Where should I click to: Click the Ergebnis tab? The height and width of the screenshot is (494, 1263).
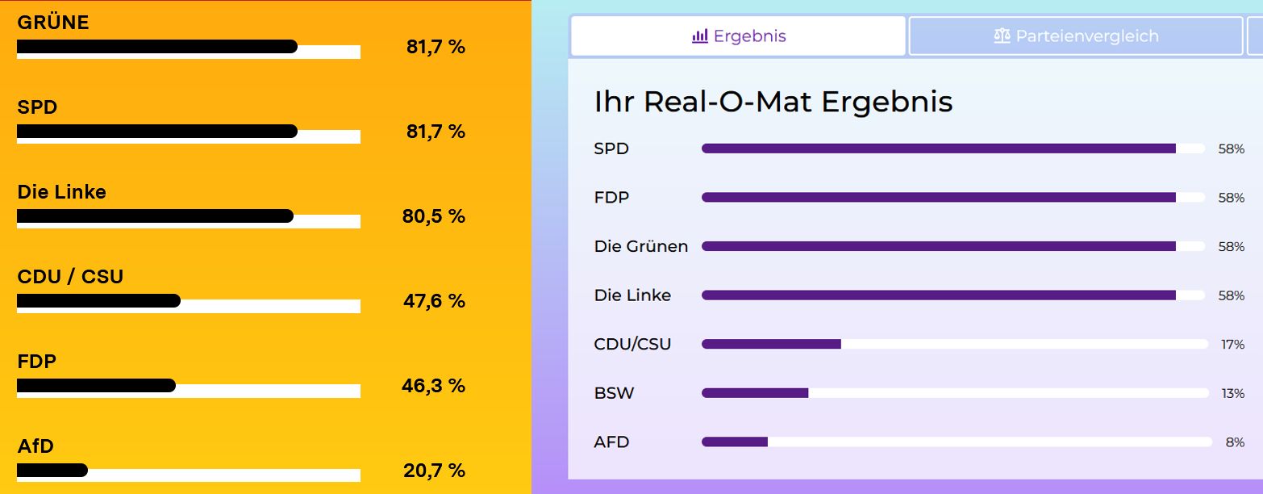pyautogui.click(x=738, y=36)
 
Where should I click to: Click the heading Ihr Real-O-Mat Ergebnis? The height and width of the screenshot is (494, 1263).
pyautogui.click(x=773, y=103)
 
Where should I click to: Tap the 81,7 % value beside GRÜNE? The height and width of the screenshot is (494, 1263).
pyautogui.click(x=436, y=47)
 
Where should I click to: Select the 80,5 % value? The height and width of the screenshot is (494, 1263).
pyautogui.click(x=434, y=216)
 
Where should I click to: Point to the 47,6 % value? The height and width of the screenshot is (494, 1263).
pyautogui.click(x=434, y=301)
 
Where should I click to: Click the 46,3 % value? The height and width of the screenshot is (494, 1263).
pyautogui.click(x=434, y=386)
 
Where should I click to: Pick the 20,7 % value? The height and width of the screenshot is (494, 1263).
pyautogui.click(x=434, y=471)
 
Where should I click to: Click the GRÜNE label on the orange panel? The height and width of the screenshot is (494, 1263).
pyautogui.click(x=53, y=23)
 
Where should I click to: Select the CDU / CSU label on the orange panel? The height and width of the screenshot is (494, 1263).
pyautogui.click(x=70, y=277)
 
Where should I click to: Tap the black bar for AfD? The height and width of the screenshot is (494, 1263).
pyautogui.click(x=52, y=470)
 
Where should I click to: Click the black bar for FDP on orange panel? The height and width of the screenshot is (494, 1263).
pyautogui.click(x=96, y=385)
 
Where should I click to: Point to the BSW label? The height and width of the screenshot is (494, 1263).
pyautogui.click(x=614, y=393)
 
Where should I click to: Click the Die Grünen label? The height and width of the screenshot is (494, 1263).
pyautogui.click(x=641, y=246)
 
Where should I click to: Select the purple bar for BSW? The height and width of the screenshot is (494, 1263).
pyautogui.click(x=755, y=393)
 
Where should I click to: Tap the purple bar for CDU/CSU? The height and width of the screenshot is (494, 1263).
pyautogui.click(x=771, y=344)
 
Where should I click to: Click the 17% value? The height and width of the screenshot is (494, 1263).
pyautogui.click(x=1232, y=345)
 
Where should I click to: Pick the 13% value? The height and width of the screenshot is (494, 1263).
pyautogui.click(x=1232, y=394)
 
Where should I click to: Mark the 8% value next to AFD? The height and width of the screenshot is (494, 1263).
pyautogui.click(x=1236, y=442)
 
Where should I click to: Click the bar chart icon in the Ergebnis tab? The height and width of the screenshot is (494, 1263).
pyautogui.click(x=700, y=36)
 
